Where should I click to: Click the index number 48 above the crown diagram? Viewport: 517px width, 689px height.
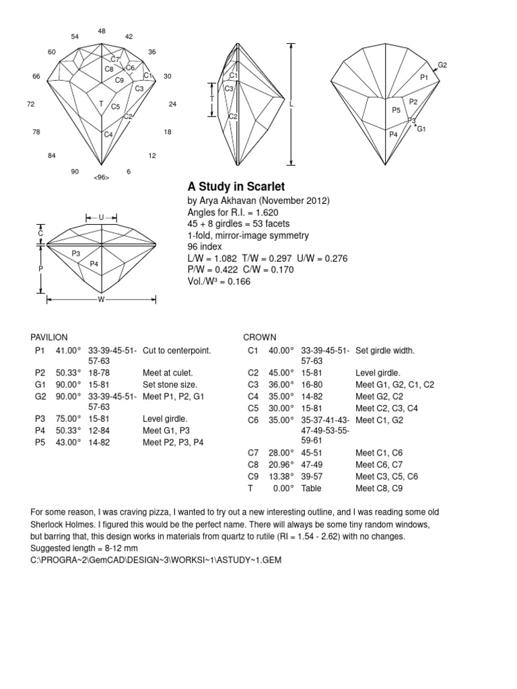102,31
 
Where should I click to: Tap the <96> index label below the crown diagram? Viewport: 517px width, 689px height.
102,178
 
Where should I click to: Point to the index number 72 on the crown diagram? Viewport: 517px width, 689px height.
31,104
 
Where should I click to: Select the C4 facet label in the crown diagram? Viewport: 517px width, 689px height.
108,135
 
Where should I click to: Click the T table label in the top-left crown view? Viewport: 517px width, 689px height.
101,104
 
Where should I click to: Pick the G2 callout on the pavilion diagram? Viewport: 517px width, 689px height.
442,65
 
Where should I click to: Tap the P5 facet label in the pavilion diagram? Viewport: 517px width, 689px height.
397,110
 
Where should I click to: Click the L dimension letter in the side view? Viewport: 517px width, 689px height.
291,105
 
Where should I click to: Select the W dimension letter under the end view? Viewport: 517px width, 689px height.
101,299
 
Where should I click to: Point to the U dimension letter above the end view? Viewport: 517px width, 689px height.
101,217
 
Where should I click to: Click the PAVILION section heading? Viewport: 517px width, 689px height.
49,337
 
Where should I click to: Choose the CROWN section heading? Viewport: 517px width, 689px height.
259,337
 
